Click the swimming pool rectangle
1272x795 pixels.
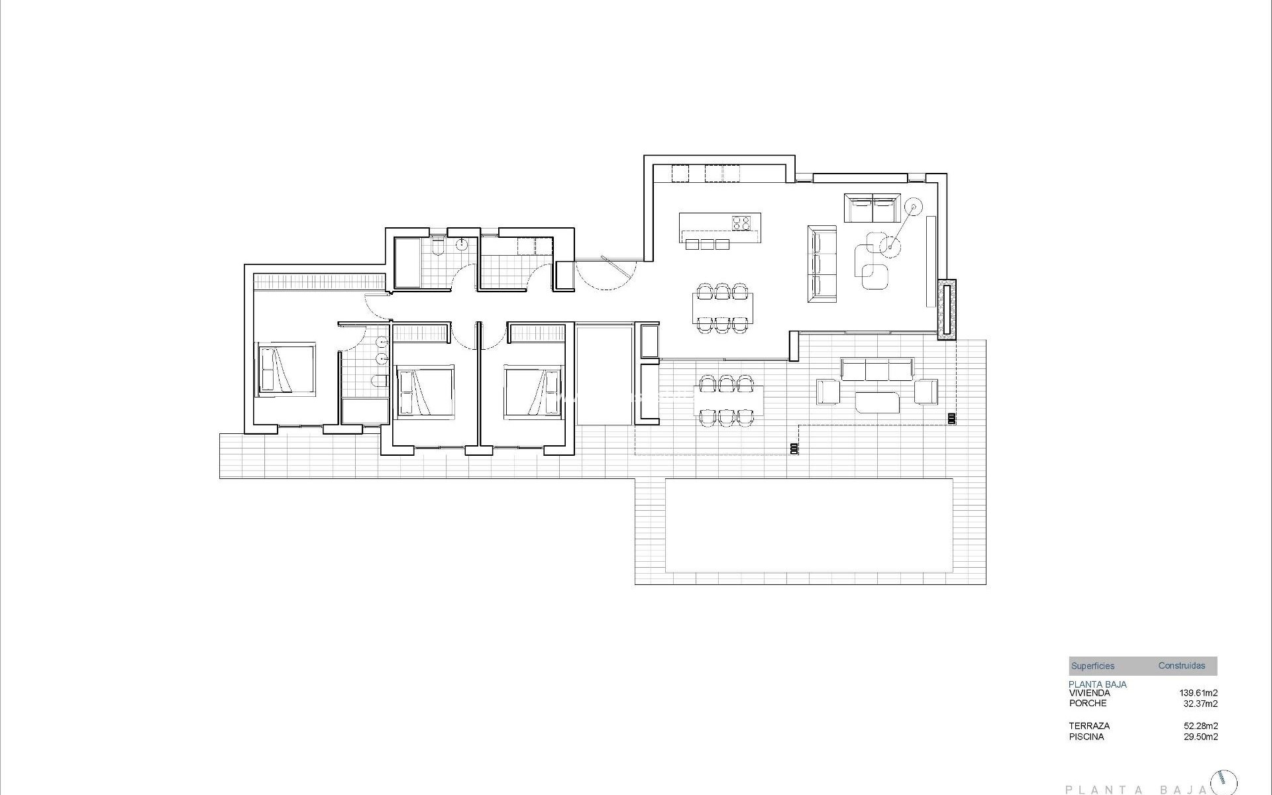[x=809, y=525]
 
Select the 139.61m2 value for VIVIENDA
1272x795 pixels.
[x=1198, y=693]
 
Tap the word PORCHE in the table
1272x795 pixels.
[x=1087, y=703]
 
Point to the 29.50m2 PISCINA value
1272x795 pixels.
[x=1200, y=737]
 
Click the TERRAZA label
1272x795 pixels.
[x=1088, y=726]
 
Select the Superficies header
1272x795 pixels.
[x=1092, y=666]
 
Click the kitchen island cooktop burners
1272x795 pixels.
[x=741, y=223]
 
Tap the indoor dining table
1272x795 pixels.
[x=722, y=307]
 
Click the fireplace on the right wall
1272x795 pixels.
[x=947, y=309]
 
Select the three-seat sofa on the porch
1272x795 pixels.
[x=876, y=370]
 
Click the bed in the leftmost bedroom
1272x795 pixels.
[x=286, y=370]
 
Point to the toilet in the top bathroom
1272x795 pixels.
[x=437, y=247]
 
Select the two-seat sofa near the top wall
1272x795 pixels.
[x=872, y=208]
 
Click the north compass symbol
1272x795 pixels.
[x=1223, y=782]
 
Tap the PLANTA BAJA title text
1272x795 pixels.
[x=1136, y=789]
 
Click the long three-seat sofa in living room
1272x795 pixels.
[x=822, y=264]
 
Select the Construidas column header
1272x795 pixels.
[x=1181, y=665]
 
